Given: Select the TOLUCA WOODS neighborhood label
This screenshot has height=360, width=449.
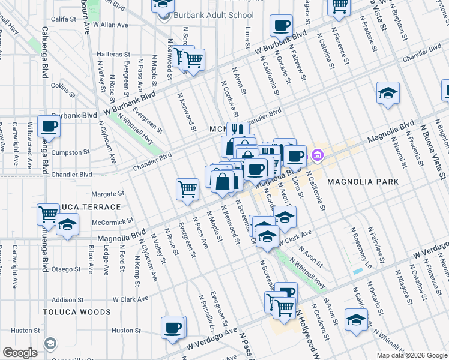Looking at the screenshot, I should (x=77, y=312).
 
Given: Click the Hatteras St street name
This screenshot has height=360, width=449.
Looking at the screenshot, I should (x=110, y=54).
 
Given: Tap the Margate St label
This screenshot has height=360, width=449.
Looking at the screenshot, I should (x=107, y=194).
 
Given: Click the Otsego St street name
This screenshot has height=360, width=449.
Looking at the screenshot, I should (x=66, y=269).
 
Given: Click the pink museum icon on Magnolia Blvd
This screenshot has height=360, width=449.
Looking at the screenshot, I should (x=318, y=157).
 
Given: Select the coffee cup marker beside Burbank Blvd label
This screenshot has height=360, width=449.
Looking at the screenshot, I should (x=49, y=127).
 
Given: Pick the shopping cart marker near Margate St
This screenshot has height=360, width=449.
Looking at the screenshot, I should (x=187, y=189).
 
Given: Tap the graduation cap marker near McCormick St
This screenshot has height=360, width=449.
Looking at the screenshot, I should (x=67, y=226).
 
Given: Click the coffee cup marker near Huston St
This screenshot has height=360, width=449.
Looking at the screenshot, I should (x=173, y=328).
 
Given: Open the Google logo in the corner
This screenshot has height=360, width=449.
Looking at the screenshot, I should (x=19, y=353).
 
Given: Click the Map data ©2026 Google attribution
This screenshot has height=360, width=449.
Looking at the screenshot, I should (x=412, y=355).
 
